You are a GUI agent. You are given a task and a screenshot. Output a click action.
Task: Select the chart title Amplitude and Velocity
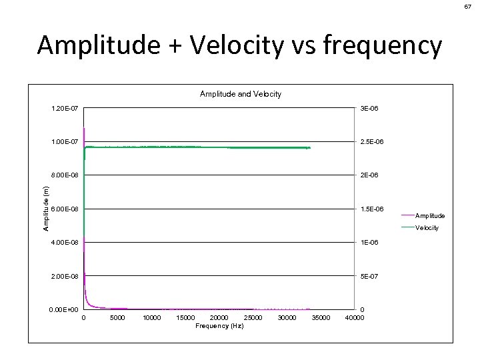tap(241, 94)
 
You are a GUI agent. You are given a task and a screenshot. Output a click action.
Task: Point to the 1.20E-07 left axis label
tap(65, 108)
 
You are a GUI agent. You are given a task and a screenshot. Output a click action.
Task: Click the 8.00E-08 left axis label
tap(65, 175)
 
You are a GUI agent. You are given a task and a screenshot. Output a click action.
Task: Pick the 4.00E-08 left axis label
tap(65, 243)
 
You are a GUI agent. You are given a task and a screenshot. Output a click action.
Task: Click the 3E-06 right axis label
tap(369, 108)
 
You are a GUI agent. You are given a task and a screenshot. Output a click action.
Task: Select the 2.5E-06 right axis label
tap(372, 142)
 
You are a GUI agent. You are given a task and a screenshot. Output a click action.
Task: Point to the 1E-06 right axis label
tap(369, 243)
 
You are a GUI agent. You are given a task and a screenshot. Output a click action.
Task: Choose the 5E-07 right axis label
tap(369, 276)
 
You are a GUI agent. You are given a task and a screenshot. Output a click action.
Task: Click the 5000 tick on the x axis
tap(117, 318)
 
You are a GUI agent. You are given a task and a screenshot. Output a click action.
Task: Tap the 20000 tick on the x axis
tap(219, 318)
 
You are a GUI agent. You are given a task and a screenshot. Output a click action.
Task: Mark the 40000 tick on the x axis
tap(354, 318)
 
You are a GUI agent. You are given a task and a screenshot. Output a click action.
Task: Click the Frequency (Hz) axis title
tap(219, 326)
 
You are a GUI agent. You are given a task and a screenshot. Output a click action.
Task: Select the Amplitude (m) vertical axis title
tap(46, 209)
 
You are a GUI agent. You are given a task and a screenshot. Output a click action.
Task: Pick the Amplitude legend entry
tap(430, 215)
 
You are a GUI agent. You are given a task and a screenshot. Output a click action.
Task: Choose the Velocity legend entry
tap(427, 228)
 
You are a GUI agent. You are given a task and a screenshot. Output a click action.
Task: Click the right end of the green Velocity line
tap(310, 147)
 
